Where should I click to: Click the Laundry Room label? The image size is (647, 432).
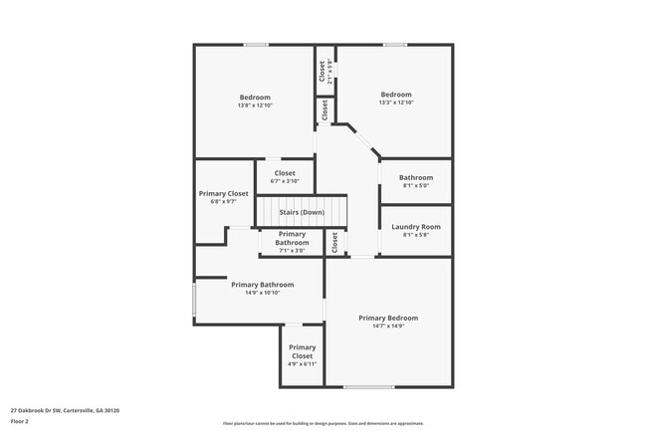(x=416, y=226)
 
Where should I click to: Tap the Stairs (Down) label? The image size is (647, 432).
(x=301, y=212)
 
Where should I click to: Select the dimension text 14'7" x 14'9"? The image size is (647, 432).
(x=388, y=325)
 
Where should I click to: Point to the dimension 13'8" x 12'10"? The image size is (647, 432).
(x=255, y=105)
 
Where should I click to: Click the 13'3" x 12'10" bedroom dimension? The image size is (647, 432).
(x=395, y=103)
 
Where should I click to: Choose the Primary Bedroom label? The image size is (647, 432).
(x=388, y=318)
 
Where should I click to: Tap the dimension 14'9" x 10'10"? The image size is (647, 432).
(x=263, y=293)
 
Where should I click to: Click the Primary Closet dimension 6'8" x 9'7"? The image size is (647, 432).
(x=224, y=202)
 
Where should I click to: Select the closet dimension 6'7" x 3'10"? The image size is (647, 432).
(x=284, y=181)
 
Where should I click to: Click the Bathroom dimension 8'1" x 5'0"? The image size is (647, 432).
(x=416, y=185)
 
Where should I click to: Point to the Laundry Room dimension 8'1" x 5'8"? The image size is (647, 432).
(x=416, y=234)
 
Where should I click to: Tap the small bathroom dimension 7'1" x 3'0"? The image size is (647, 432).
(x=292, y=250)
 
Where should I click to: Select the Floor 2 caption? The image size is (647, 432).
(x=20, y=421)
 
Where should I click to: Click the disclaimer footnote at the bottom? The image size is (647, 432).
(x=323, y=422)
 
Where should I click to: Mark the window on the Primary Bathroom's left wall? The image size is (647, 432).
(x=194, y=303)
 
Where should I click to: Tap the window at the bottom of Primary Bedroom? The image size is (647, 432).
(x=368, y=386)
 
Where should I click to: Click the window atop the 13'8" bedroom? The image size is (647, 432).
(x=256, y=44)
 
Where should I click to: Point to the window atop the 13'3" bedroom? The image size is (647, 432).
(x=395, y=44)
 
